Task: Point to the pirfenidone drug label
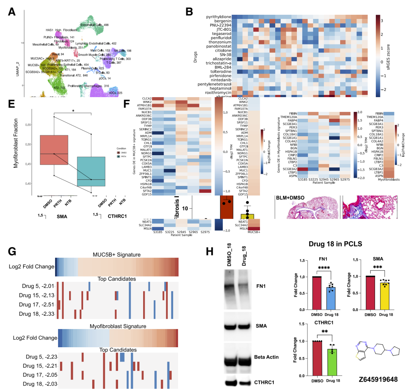tap(217, 76)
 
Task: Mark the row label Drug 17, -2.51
tap(36, 305)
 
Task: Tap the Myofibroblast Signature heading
tap(117, 326)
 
